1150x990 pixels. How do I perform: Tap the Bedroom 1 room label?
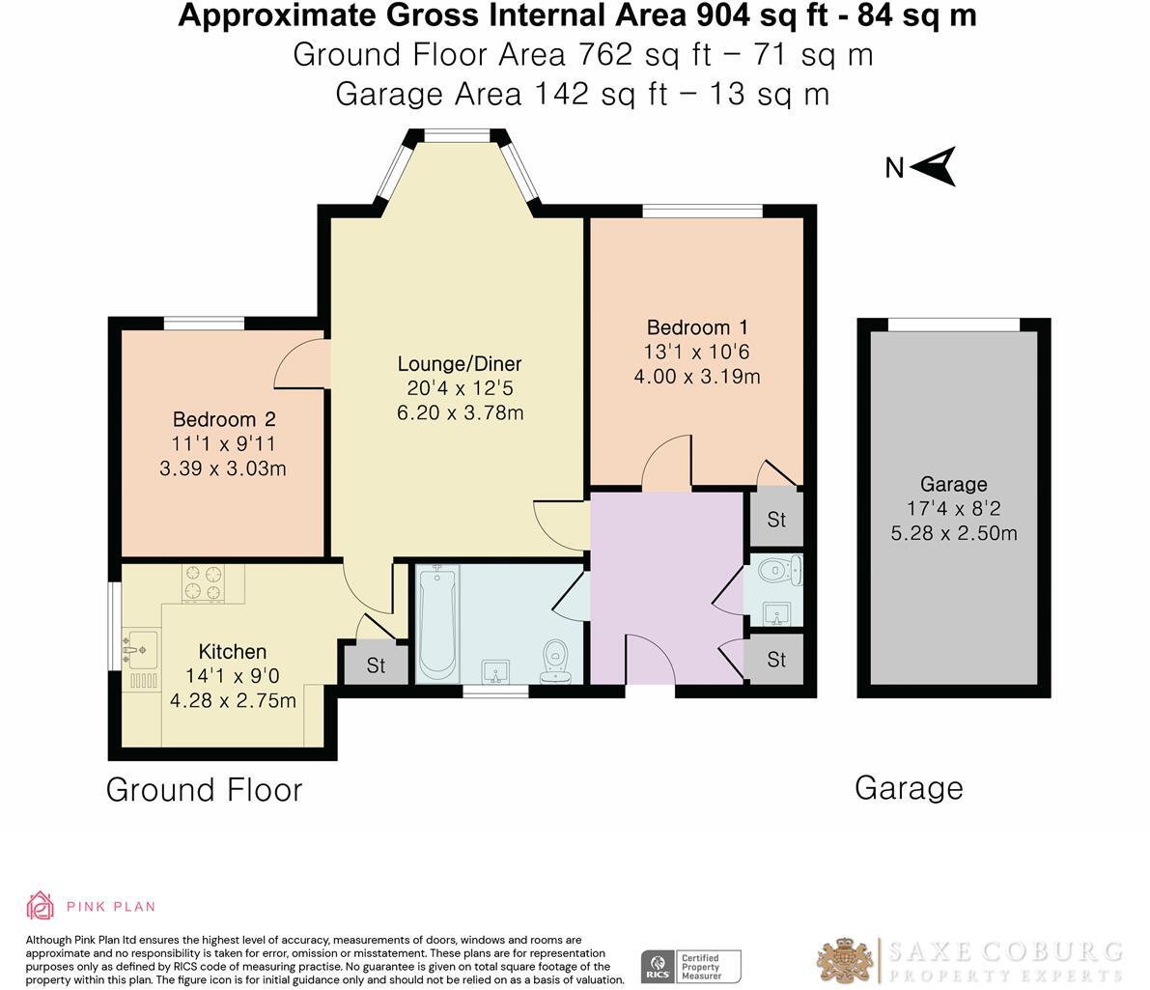696,327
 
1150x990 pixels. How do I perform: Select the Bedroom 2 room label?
224,419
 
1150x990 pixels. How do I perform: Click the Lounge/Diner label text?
460,364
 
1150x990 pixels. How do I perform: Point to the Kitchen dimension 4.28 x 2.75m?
233,700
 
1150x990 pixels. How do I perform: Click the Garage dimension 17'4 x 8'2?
953,509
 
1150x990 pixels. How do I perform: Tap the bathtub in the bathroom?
437,624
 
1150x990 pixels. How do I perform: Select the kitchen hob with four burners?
203,582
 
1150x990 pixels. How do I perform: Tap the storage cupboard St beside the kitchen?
376,665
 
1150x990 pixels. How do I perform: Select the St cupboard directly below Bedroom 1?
776,519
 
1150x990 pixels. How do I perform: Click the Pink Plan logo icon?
40,905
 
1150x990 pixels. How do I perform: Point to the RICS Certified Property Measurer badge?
691,966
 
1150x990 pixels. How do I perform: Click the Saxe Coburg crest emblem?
846,961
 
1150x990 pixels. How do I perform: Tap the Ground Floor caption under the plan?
204,790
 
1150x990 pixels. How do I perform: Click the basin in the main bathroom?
498,670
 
